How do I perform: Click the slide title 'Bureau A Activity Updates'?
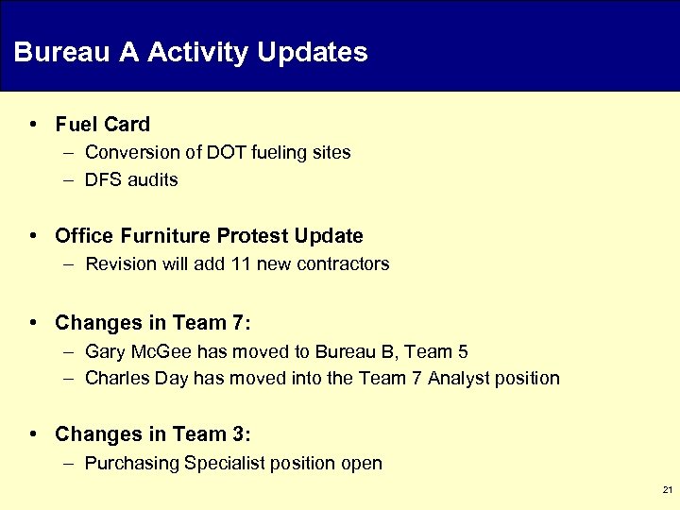pos(191,52)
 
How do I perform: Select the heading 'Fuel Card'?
pos(103,124)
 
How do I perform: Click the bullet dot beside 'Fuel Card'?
pos(34,124)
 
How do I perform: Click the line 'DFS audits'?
pos(131,179)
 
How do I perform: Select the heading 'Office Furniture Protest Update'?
pos(209,235)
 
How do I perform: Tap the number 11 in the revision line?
pos(240,263)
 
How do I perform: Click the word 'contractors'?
pos(343,263)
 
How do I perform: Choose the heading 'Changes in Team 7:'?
pos(153,323)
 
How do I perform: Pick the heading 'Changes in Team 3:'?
pos(153,434)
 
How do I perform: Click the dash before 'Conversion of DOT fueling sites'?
pos(71,152)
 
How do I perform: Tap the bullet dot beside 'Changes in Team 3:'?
pos(34,434)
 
